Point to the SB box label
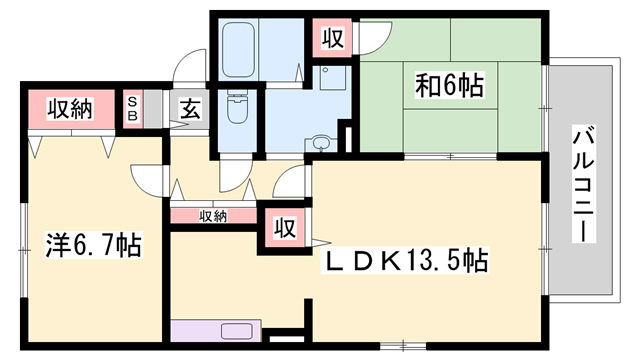pos(131,109)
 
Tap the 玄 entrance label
pos(191,109)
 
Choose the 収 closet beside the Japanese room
pos(332,39)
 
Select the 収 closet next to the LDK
pos(284,227)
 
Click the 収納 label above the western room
pos(68,108)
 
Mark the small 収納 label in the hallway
pos(212,216)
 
